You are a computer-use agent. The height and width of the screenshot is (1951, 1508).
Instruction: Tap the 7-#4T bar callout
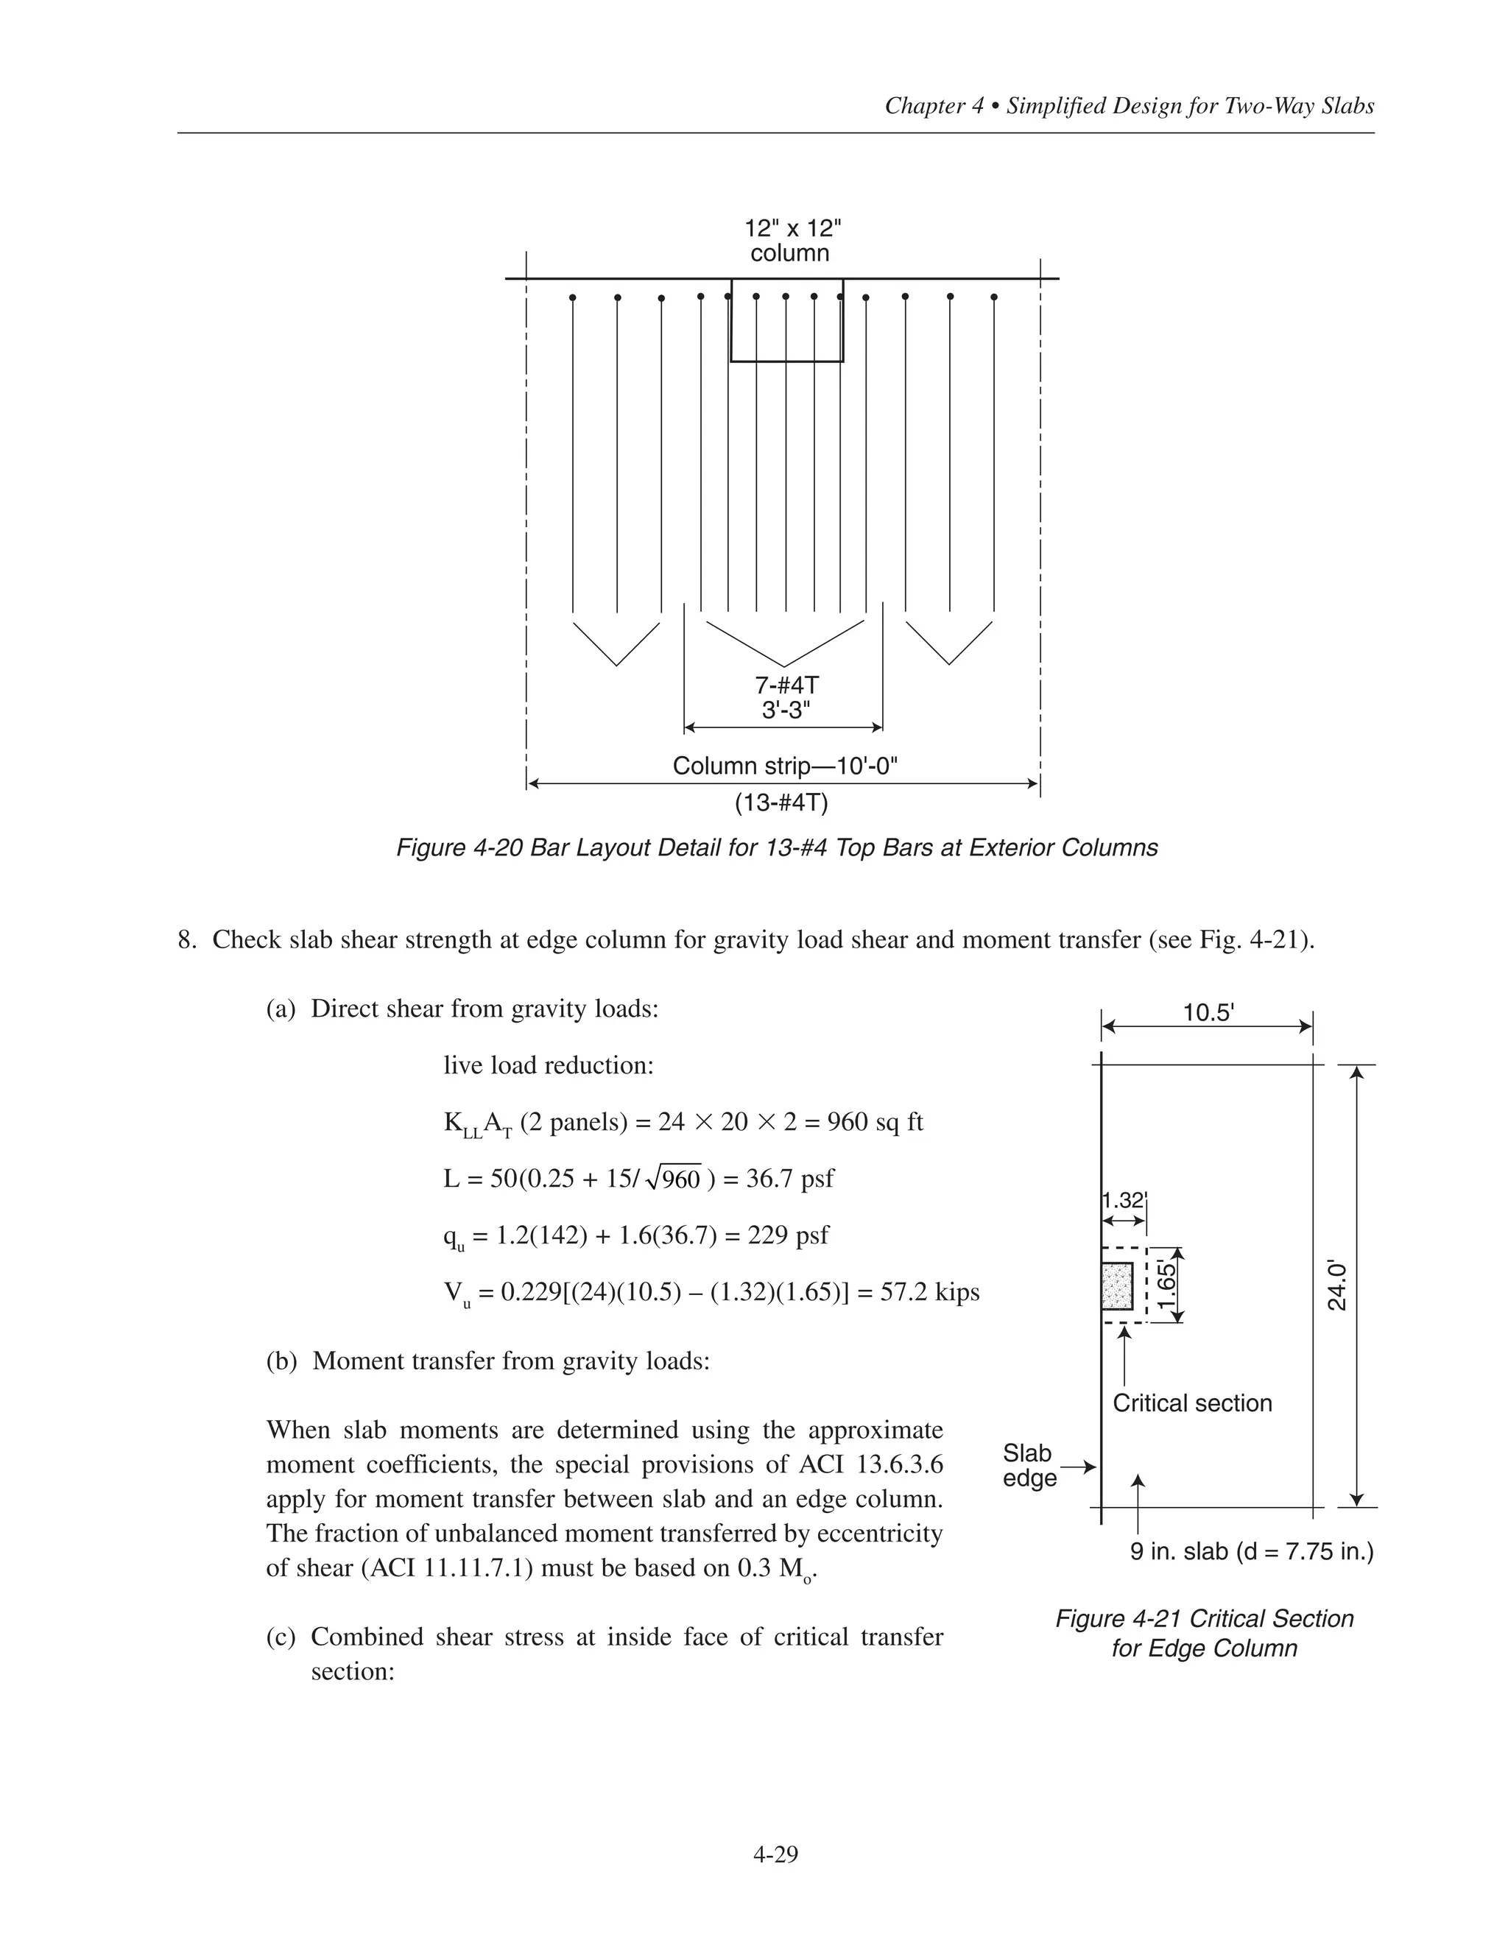pos(786,686)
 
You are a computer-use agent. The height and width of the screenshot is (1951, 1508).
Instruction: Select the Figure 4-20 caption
pos(776,847)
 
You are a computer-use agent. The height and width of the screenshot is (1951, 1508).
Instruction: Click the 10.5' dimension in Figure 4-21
pos(1208,1013)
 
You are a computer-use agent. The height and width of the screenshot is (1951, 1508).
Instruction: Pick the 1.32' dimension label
pos(1123,1200)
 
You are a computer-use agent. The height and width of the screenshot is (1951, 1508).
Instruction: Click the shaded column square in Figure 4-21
pos(1117,1285)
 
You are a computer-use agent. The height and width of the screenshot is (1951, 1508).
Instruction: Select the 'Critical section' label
pos(1192,1403)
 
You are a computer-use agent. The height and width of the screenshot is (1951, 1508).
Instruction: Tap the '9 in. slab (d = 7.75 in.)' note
pos(1252,1552)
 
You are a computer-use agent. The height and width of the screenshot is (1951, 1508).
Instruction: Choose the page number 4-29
pos(775,1855)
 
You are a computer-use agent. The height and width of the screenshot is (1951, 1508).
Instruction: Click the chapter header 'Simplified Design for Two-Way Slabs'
pos(1190,106)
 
